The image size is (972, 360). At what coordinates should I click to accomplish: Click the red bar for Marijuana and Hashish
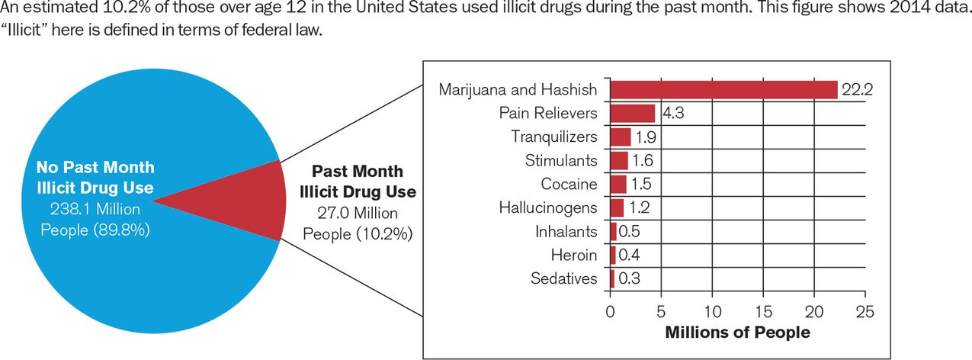point(723,89)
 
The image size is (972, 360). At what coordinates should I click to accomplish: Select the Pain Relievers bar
point(632,113)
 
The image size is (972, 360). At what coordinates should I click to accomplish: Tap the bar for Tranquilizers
point(620,137)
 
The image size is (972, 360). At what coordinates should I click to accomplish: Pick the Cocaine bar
point(618,184)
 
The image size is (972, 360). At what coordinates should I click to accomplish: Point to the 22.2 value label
point(857,89)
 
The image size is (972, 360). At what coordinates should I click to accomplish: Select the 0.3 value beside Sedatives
point(629,278)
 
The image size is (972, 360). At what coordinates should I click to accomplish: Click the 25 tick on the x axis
point(865,312)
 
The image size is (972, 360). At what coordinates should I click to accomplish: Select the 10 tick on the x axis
point(712,312)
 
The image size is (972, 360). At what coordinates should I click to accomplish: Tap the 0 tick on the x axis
point(610,312)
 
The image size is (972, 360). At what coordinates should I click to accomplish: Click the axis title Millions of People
point(737,333)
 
